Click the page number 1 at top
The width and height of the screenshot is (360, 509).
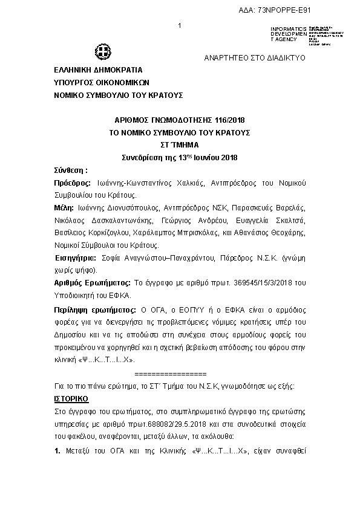180,25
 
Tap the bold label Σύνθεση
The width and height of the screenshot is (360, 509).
71,170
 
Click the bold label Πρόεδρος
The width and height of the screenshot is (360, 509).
73,183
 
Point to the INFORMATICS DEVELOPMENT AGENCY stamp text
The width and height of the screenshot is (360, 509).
284,34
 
